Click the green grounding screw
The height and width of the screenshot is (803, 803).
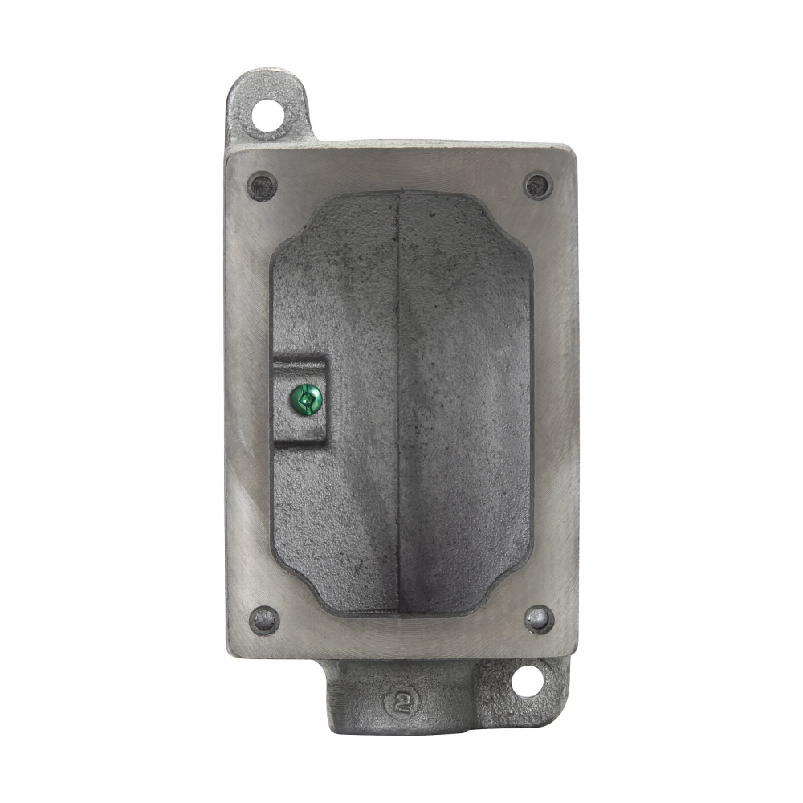307,396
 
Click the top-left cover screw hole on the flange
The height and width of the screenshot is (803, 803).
263,186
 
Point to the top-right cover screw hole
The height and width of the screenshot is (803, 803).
538,186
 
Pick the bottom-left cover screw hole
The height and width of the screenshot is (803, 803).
264,620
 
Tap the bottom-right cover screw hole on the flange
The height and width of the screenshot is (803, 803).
538,619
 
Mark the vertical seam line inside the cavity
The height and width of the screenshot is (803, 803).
399,401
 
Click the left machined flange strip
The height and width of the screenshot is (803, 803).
247,401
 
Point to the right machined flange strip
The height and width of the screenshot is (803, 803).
553,401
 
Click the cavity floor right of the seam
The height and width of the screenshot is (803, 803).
466,401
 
